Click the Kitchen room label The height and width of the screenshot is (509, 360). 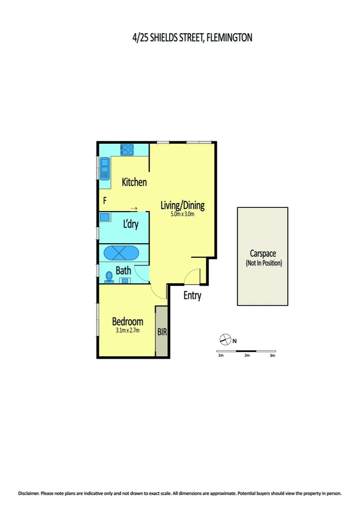[134, 182]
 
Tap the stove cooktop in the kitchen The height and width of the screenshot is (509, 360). [127, 150]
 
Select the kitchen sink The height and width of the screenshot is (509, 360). [104, 167]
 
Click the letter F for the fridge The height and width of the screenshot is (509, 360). [105, 201]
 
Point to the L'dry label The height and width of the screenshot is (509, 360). [131, 224]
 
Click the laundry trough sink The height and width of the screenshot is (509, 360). [105, 217]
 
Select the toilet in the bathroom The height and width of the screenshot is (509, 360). [109, 276]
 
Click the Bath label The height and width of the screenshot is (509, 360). [123, 271]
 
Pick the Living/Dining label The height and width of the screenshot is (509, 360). [182, 205]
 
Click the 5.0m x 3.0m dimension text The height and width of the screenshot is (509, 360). [182, 215]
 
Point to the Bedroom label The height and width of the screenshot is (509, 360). [127, 322]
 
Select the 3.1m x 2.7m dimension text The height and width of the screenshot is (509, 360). [127, 330]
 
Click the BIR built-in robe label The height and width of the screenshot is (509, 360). [162, 331]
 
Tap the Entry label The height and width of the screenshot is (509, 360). [192, 296]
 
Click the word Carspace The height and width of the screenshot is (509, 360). [263, 254]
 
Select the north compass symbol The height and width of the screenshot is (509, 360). [226, 339]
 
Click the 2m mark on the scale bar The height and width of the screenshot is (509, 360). [246, 355]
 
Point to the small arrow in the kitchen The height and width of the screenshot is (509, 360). [134, 208]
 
